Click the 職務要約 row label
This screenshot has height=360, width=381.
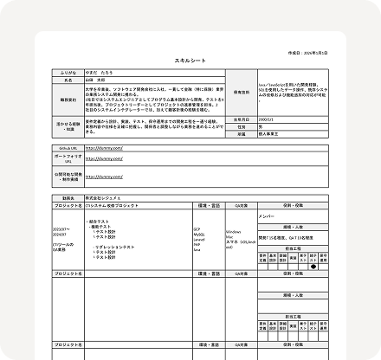69,100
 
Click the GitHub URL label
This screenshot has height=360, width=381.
69,148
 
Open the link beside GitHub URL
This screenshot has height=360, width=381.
104,148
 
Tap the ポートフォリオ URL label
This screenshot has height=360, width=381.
69,160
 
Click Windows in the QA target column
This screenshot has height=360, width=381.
234,232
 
